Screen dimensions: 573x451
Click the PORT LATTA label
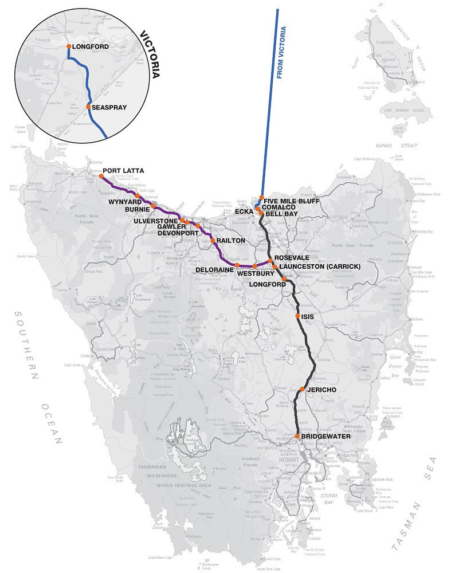tap(123, 171)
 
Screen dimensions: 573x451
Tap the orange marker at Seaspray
tap(88, 107)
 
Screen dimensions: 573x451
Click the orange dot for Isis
tap(297, 316)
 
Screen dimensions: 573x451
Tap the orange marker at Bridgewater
tap(298, 437)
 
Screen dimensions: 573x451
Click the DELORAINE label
tap(213, 269)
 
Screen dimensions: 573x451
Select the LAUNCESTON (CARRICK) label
tap(319, 267)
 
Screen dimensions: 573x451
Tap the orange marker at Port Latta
tap(101, 176)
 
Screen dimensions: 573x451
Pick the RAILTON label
tap(231, 241)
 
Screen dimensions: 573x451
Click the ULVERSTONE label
tap(156, 221)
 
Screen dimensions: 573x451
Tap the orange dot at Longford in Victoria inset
tap(69, 46)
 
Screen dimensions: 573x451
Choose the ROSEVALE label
tap(292, 259)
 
